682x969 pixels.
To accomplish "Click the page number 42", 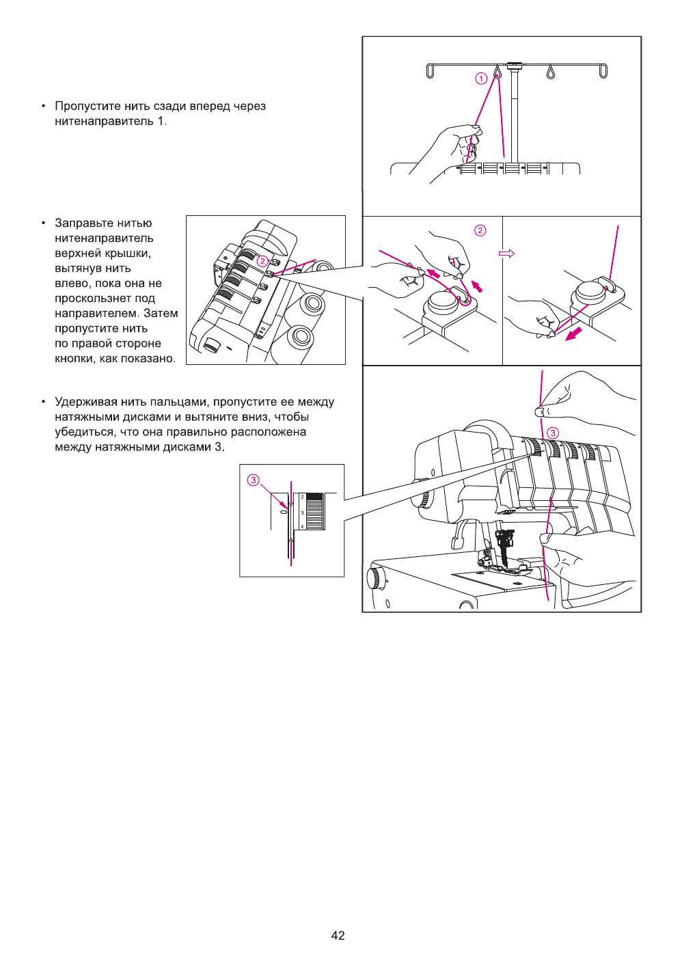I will [338, 936].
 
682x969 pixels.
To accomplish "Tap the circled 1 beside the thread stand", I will [481, 79].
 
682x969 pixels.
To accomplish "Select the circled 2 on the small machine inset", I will [262, 261].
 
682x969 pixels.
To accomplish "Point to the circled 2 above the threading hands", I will [480, 230].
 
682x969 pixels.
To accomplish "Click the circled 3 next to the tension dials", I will [553, 433].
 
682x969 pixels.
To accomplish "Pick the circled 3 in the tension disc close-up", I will [254, 480].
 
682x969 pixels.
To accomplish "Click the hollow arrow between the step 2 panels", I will [506, 254].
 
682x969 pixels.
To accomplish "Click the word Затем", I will [161, 314].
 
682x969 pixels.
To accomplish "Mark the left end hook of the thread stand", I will [430, 71].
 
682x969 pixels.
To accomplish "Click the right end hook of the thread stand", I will [603, 71].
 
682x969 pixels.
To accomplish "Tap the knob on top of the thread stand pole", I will [515, 65].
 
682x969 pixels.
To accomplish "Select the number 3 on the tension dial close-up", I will [302, 513].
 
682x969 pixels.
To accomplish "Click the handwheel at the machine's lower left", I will [374, 578].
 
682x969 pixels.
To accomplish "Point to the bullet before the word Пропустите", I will [44, 106].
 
